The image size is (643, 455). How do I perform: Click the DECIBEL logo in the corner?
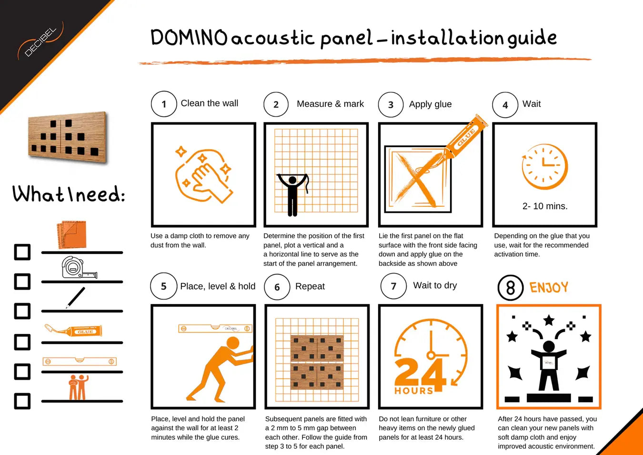[40, 42]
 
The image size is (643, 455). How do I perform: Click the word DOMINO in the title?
[189, 38]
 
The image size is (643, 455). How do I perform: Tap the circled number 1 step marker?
[164, 104]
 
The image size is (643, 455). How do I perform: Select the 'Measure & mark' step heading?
[330, 104]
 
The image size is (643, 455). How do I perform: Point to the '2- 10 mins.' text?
[545, 206]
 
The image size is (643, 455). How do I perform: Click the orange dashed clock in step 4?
[544, 167]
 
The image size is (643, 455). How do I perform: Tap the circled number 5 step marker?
[163, 286]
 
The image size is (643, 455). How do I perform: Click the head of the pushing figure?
[233, 343]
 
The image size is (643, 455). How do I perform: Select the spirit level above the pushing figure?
[215, 328]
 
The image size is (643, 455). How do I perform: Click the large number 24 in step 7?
[419, 373]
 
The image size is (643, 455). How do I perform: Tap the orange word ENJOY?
[549, 287]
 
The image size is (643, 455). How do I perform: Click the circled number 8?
[510, 287]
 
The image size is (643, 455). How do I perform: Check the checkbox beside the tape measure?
[22, 281]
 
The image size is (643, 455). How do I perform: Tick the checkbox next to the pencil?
[22, 311]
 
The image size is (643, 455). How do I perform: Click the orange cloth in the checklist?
[72, 234]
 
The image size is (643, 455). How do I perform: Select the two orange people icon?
[79, 387]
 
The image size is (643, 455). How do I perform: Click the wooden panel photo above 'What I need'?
[68, 137]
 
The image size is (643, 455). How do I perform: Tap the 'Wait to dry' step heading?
[435, 285]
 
